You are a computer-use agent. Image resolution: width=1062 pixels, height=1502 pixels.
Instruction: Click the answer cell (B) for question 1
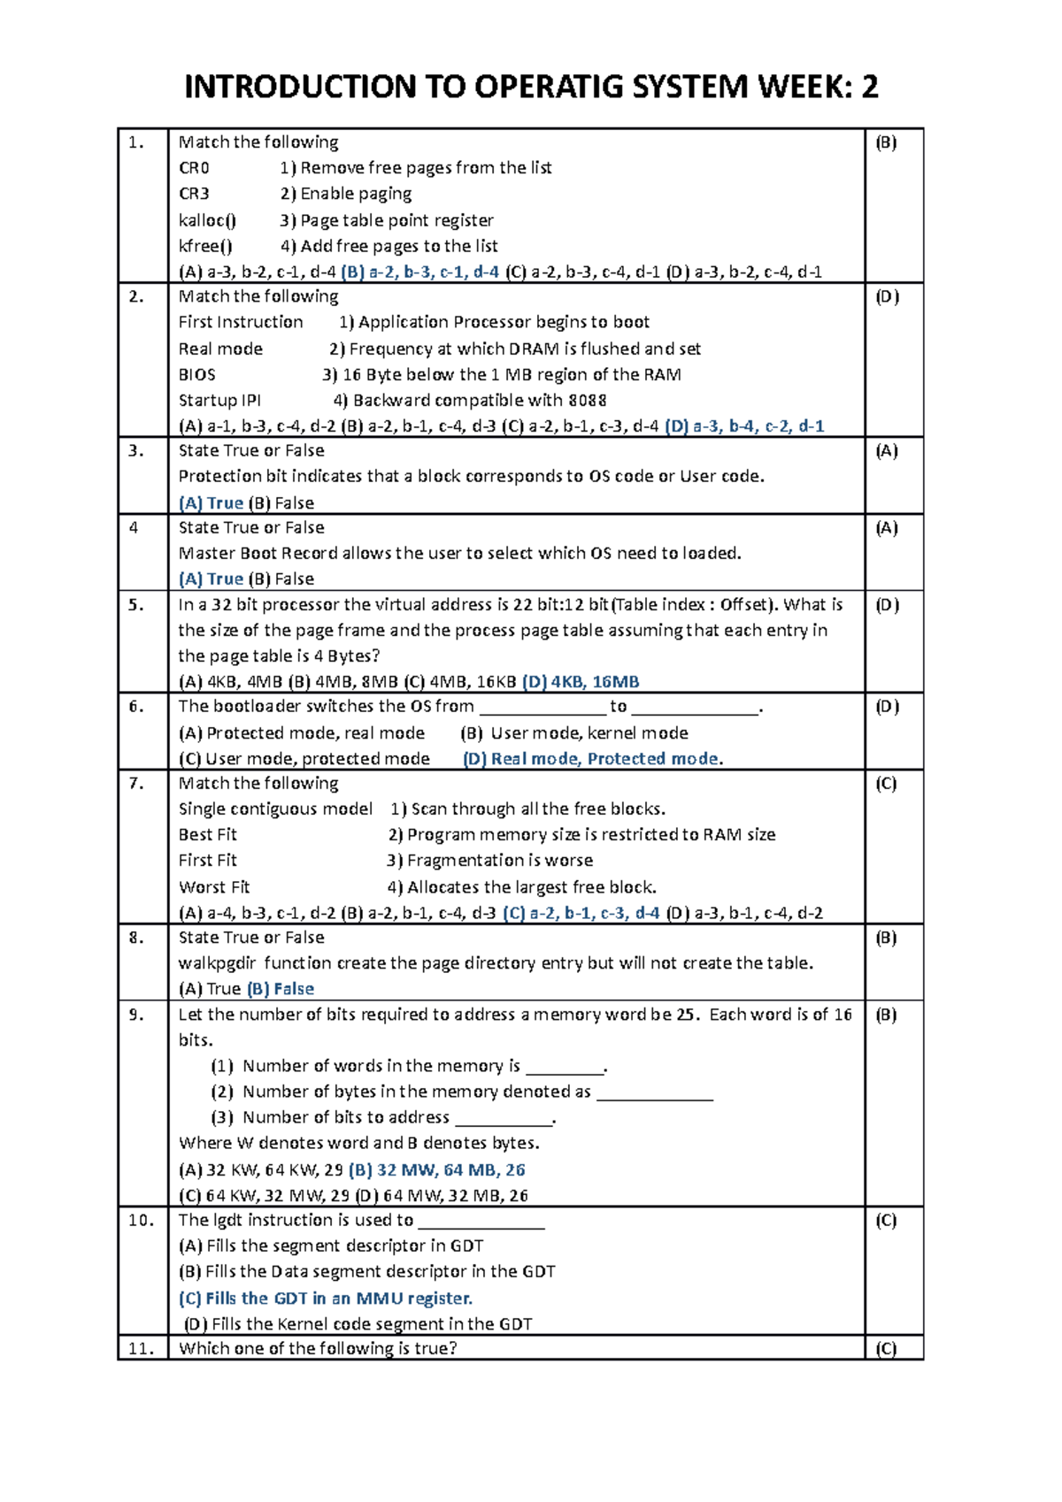pyautogui.click(x=886, y=142)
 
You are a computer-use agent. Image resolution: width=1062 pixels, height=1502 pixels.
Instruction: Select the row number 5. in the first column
pyautogui.click(x=135, y=605)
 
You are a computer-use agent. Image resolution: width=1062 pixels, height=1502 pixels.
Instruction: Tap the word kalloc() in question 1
pyautogui.click(x=207, y=220)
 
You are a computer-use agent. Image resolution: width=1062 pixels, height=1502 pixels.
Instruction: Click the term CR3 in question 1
pyautogui.click(x=194, y=194)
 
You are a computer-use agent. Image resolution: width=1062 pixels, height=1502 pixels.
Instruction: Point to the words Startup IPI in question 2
pyautogui.click(x=219, y=401)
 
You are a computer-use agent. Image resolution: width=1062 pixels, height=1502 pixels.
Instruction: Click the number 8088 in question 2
pyautogui.click(x=587, y=401)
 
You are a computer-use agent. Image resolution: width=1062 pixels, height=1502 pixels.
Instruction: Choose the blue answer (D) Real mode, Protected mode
pyautogui.click(x=591, y=759)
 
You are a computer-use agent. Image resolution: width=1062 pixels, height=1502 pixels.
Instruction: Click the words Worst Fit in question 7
pyautogui.click(x=214, y=887)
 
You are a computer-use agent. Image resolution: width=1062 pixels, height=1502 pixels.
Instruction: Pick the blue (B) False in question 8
pyautogui.click(x=281, y=989)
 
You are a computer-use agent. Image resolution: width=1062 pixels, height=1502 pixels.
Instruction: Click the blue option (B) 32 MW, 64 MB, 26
pyautogui.click(x=437, y=1170)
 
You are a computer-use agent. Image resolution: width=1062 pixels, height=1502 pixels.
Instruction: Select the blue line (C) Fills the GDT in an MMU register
pyautogui.click(x=326, y=1299)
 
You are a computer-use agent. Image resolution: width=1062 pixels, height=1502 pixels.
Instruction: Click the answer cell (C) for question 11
pyautogui.click(x=886, y=1349)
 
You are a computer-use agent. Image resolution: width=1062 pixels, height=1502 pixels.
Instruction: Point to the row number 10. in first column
pyautogui.click(x=141, y=1221)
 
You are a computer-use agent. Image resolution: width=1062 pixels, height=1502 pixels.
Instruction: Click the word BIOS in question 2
pyautogui.click(x=196, y=375)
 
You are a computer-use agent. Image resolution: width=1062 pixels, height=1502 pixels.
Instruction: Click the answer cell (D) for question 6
pyautogui.click(x=887, y=707)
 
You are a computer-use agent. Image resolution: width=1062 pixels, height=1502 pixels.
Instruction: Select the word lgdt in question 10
pyautogui.click(x=227, y=1221)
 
